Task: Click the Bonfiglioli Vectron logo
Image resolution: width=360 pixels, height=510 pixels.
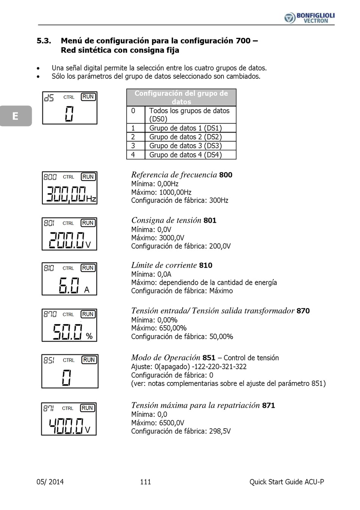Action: (309, 17)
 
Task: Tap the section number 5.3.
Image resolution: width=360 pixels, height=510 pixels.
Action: (44, 41)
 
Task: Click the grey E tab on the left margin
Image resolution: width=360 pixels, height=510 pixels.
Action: (16, 116)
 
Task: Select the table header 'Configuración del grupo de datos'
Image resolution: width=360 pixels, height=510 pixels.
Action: (181, 97)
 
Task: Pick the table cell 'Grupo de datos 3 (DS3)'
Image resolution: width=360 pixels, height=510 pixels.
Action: (185, 146)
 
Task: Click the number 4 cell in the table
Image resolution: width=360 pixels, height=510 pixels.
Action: (133, 155)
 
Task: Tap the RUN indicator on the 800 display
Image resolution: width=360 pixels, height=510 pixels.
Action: (88, 177)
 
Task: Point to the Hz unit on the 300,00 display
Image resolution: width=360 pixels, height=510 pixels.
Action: (91, 199)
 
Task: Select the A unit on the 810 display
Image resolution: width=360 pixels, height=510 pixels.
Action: (87, 290)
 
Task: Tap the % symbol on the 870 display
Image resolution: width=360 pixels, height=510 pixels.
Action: (89, 336)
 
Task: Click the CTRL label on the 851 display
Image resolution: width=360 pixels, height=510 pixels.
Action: (69, 360)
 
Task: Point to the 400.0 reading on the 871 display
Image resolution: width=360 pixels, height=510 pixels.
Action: (66, 426)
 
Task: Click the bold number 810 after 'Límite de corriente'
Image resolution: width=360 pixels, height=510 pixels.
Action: (206, 265)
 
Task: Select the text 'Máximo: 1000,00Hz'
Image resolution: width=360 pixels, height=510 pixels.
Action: (161, 192)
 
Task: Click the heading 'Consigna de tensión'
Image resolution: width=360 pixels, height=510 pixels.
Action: (166, 220)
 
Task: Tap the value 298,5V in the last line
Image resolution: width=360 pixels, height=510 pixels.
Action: (220, 431)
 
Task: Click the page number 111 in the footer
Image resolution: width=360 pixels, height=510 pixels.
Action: (146, 482)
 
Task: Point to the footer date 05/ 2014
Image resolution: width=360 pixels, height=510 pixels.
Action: (50, 482)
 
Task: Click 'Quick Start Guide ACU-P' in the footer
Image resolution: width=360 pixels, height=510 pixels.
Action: (286, 482)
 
